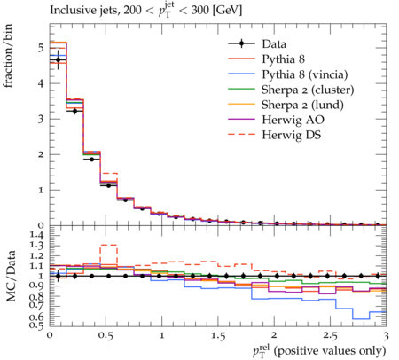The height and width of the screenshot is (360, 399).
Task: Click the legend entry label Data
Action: point(274,44)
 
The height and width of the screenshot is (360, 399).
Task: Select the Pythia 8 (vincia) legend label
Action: point(305,74)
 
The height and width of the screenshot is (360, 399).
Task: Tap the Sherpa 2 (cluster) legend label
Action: point(308,90)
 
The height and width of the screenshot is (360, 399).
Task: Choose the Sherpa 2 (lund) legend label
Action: point(302,105)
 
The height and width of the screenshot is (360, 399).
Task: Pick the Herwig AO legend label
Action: point(293,120)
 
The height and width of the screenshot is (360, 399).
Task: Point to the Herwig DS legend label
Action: point(292,135)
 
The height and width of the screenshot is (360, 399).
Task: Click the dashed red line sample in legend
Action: point(241,135)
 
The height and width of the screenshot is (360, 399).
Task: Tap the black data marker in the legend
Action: point(241,43)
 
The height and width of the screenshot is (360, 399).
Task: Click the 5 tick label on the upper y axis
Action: point(41,48)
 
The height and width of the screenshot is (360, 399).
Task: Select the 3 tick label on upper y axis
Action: point(41,119)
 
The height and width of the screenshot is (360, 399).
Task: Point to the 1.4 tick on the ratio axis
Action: point(37,236)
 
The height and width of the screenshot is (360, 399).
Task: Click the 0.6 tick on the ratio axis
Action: point(37,317)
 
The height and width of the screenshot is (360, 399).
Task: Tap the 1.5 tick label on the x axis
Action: point(218,336)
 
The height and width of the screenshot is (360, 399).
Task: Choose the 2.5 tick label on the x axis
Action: point(330,336)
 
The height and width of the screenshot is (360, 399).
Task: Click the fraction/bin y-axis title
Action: point(8,56)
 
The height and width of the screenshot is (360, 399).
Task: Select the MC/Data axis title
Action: point(11,276)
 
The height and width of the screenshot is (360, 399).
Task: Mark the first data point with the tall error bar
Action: point(59,60)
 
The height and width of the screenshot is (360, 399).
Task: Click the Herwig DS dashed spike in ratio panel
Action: point(108,245)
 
